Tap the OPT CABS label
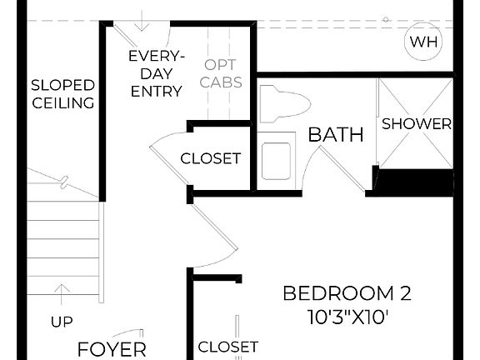point(222,72)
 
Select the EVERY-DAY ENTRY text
point(156,73)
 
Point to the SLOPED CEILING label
point(62,94)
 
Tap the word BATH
point(336,134)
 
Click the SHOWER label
point(416,125)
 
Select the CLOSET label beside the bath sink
point(211,158)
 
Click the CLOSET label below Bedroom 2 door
point(227,346)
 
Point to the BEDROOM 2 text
point(347,293)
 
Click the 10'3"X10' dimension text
point(347,317)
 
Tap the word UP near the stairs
point(62,321)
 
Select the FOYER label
point(112,348)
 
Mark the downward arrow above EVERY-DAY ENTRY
point(144,19)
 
